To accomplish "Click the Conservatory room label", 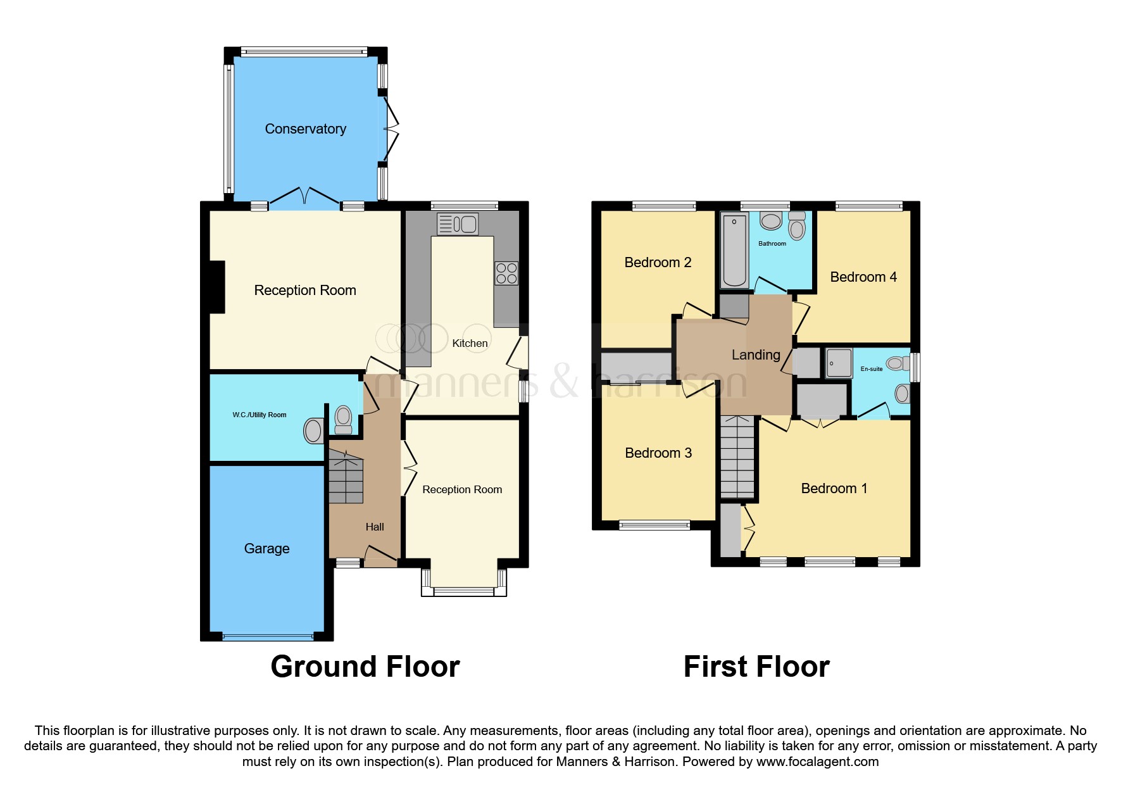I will click(305, 129).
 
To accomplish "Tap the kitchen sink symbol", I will click(458, 224).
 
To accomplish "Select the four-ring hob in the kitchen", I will click(506, 273).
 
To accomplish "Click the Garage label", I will click(266, 549).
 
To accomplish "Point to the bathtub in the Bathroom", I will click(734, 250).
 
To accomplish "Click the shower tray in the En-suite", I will click(839, 363).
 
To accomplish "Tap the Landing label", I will click(756, 355).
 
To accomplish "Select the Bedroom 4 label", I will click(863, 277).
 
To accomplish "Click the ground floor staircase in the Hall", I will click(346, 480).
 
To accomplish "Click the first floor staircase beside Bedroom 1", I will click(738, 457).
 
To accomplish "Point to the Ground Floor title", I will click(365, 667).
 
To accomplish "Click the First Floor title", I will click(756, 667).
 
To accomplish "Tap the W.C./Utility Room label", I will click(259, 415).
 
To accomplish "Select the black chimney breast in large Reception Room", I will click(216, 287).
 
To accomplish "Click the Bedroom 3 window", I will click(654, 525).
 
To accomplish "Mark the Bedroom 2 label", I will click(657, 263).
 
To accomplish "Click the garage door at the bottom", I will click(267, 636).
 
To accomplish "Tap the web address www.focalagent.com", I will click(817, 762).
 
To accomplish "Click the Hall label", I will click(375, 527).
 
